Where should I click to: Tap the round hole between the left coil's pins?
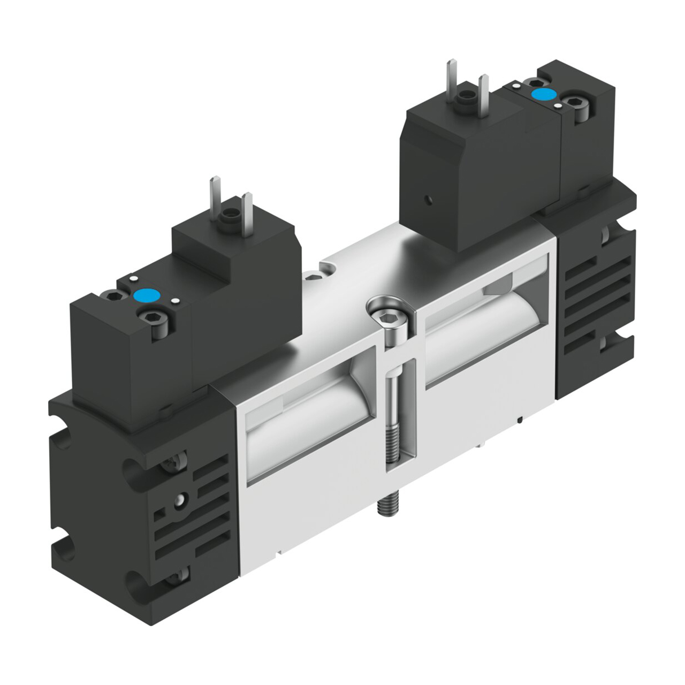click(x=231, y=216)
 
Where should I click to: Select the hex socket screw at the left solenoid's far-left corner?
click(x=112, y=295)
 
